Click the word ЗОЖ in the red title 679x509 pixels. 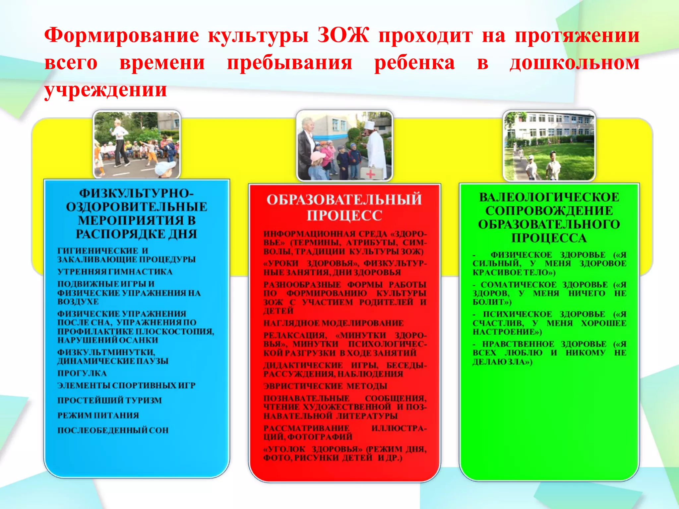(343, 35)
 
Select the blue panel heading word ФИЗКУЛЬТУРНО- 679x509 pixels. (136, 193)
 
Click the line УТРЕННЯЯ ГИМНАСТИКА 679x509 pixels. (115, 272)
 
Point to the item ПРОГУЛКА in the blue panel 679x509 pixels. (82, 373)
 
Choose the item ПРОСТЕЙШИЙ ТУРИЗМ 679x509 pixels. (109, 400)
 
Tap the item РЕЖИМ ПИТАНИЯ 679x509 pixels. (98, 415)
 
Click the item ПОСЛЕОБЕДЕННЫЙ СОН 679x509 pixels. (113, 430)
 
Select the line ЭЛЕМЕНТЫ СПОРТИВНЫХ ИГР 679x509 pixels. (126, 385)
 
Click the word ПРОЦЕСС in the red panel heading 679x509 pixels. (344, 216)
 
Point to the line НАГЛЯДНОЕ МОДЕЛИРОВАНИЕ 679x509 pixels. (333, 323)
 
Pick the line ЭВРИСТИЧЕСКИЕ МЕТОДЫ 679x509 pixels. (325, 386)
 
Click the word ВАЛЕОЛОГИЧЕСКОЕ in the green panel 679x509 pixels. (549, 197)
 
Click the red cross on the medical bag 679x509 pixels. (370, 173)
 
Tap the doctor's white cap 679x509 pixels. (369, 126)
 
